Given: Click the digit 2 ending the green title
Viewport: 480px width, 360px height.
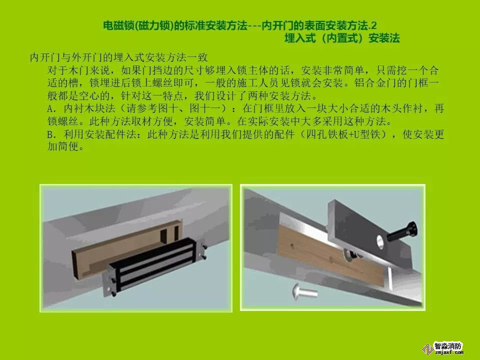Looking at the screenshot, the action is [x=373, y=25].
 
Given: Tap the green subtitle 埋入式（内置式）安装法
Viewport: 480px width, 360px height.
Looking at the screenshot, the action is [x=342, y=38].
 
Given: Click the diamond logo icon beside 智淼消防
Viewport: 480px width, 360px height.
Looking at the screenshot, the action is [x=428, y=349].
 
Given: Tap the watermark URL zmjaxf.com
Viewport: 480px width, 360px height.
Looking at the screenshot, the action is [x=449, y=352].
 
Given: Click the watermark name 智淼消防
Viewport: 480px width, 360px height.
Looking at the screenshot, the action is [x=448, y=346].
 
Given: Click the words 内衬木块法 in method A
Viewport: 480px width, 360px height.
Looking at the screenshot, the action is [x=89, y=108].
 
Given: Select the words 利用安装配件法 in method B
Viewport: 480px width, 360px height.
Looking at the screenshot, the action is [x=100, y=134].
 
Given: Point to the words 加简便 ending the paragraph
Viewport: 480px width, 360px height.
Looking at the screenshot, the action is [x=63, y=146].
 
